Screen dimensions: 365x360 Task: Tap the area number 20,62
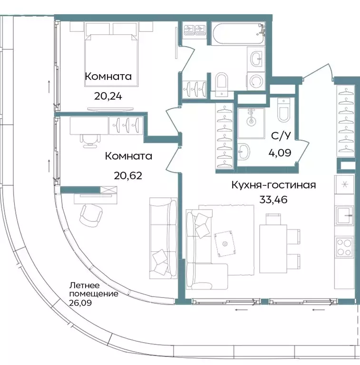tap(128, 174)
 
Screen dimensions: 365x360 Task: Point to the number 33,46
tap(273, 199)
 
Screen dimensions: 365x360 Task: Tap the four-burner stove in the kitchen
tap(344, 247)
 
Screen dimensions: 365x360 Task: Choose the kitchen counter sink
tap(344, 216)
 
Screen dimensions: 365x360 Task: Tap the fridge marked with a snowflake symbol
tap(345, 185)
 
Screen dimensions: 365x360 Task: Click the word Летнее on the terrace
tap(84, 286)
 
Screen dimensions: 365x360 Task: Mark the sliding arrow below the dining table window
tap(320, 309)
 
